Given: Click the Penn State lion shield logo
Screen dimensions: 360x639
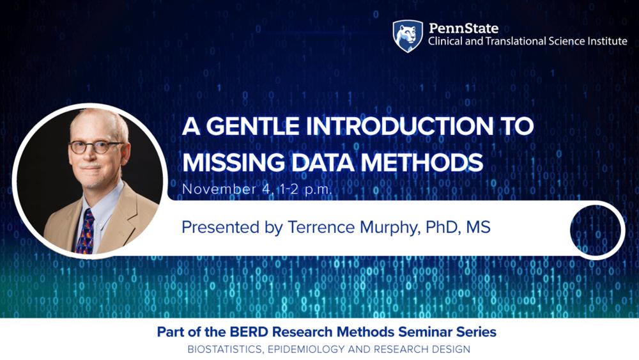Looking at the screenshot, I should coord(407,36).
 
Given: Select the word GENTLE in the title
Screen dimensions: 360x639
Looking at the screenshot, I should coord(249,126).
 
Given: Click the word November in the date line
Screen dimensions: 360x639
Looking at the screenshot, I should coord(210,189).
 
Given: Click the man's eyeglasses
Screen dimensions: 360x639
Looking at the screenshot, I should coord(96,146).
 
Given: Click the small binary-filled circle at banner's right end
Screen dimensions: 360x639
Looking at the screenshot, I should coord(597,229).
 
